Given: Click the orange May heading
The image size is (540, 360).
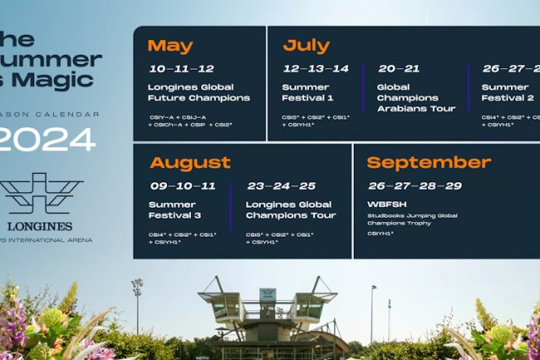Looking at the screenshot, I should coord(170,46).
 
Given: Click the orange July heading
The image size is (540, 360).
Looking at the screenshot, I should coord(306,46).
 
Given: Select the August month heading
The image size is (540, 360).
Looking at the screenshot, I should coord(190,162).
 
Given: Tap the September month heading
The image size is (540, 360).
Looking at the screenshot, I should coord(429,162).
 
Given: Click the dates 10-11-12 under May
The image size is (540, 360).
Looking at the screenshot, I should coord(182,69).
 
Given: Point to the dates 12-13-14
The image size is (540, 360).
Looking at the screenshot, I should coord(315,69).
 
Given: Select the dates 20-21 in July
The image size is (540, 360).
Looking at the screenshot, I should coord(399,69).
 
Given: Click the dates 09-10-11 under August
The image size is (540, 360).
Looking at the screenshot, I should coord(183,186).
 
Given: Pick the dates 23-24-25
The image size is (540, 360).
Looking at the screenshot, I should coord(281,186).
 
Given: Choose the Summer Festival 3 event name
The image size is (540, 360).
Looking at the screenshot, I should coord(171,210).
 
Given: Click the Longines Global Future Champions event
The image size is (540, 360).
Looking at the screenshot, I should coord(199,92).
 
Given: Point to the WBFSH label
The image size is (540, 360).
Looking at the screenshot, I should coord(384,204).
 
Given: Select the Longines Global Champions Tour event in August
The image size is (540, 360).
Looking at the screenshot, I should coord(291,210).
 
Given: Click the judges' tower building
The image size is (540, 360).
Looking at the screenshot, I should coord(268,312).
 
